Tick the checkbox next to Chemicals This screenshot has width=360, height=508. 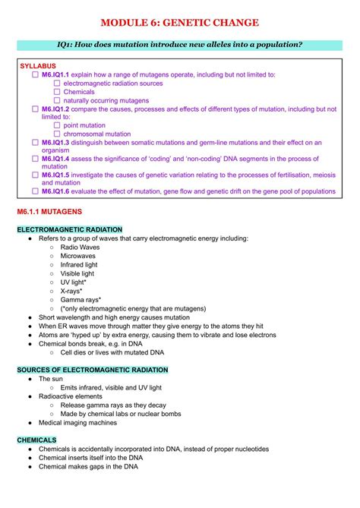coord(57,92)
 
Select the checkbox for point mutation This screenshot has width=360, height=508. coord(57,125)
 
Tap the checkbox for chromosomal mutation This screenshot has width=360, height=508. coord(57,134)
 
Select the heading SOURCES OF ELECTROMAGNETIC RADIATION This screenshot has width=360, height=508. coord(92,370)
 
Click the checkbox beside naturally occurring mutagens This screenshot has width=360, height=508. coord(57,100)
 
